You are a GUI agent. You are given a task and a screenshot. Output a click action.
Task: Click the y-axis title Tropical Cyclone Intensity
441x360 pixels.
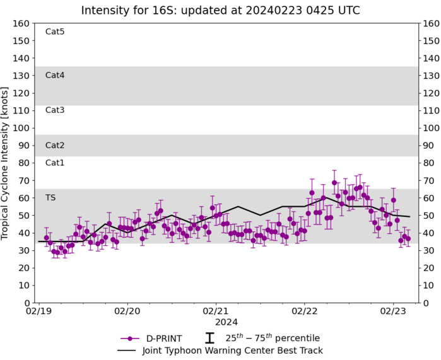click(6, 163)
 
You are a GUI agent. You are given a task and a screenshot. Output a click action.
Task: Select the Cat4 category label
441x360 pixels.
click(55, 75)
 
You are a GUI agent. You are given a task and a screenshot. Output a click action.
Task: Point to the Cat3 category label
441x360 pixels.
click(55, 110)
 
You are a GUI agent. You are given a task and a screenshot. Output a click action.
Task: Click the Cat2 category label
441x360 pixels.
click(55, 145)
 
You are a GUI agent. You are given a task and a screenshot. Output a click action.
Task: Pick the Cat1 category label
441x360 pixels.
click(55, 163)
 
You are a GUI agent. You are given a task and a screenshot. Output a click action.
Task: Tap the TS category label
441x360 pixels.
click(50, 197)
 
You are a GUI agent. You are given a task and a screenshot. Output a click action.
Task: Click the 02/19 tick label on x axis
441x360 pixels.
click(39, 311)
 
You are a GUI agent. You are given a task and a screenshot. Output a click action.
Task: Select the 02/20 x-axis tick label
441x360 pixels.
click(127, 311)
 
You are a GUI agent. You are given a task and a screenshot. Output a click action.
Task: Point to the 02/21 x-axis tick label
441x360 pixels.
click(216, 311)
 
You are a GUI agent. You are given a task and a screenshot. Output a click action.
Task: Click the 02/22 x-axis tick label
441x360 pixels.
click(304, 311)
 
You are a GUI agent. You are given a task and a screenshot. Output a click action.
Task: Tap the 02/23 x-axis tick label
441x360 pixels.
click(392, 311)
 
